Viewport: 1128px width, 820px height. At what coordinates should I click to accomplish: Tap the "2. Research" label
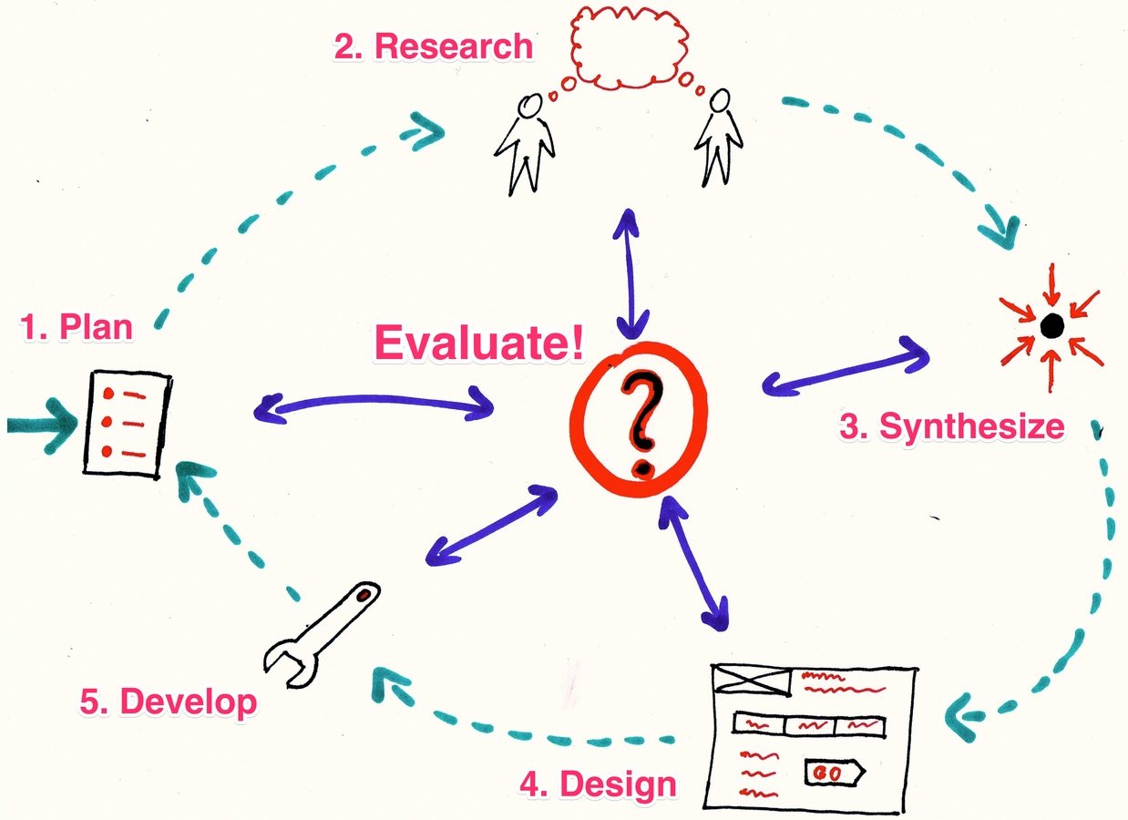pyautogui.click(x=433, y=46)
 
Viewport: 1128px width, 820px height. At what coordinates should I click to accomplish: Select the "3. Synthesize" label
pyautogui.click(x=951, y=426)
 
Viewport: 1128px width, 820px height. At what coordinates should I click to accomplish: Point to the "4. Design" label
pyautogui.click(x=598, y=783)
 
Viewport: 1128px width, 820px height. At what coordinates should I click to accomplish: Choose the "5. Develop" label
pyautogui.click(x=168, y=702)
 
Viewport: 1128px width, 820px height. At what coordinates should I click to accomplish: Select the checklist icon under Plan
pyautogui.click(x=128, y=423)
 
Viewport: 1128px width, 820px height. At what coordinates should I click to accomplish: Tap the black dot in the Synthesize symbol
pyautogui.click(x=1051, y=323)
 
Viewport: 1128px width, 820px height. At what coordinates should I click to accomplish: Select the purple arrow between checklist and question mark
pyautogui.click(x=374, y=405)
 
